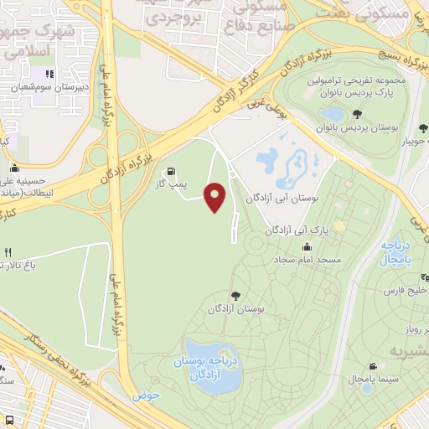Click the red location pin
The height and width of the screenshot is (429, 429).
coord(215,196)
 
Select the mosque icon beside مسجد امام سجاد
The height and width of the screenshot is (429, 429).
coord(308,246)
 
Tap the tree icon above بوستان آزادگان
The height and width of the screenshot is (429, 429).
coord(235,295)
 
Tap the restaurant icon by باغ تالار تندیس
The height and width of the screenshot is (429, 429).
coord(8,251)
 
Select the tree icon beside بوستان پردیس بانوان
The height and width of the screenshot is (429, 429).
coord(358,114)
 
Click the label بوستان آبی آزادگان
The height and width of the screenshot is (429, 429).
coord(284,199)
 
